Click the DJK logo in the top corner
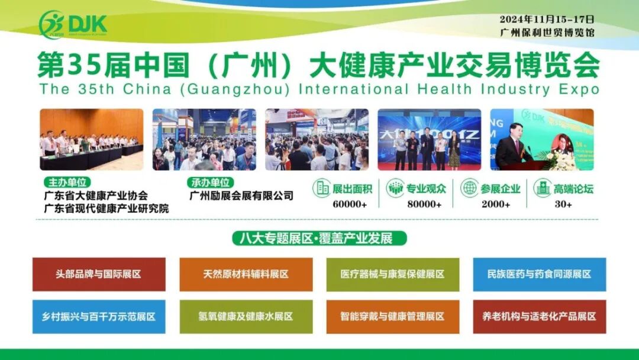pyautogui.click(x=73, y=24)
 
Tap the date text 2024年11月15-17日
pyautogui.click(x=547, y=19)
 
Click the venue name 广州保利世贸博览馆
pyautogui.click(x=547, y=33)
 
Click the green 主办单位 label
pyautogui.click(x=67, y=182)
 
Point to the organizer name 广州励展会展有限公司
pyautogui.click(x=241, y=195)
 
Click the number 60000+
pyautogui.click(x=350, y=204)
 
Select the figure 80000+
pyautogui.click(x=424, y=204)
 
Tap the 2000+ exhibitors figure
pyautogui.click(x=495, y=204)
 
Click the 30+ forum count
pyautogui.click(x=563, y=204)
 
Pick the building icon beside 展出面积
pyautogui.click(x=322, y=188)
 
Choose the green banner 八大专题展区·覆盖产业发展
pyautogui.click(x=320, y=238)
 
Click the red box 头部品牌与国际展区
pyautogui.click(x=99, y=274)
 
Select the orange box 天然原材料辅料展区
pyautogui.click(x=246, y=274)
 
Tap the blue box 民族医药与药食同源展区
pyautogui.click(x=539, y=274)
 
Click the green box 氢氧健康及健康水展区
pyautogui.click(x=246, y=317)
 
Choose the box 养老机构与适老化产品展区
pyautogui.click(x=539, y=317)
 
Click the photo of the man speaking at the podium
pyautogui.click(x=541, y=139)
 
